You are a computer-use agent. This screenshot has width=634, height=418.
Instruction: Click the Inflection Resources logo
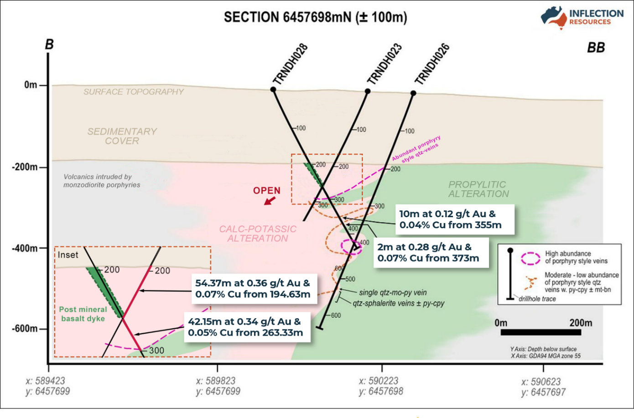[582, 17]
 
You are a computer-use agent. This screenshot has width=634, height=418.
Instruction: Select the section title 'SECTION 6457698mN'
[287, 17]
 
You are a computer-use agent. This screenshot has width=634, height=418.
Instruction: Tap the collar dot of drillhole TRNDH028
[273, 90]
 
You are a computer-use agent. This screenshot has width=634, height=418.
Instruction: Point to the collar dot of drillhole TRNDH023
[368, 91]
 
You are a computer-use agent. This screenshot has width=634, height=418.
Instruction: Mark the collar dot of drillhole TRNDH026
[413, 93]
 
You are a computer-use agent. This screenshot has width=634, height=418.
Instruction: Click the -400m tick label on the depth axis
[25, 248]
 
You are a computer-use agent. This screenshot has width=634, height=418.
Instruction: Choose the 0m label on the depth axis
[31, 85]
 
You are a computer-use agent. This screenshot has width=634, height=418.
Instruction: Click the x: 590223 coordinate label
[379, 381]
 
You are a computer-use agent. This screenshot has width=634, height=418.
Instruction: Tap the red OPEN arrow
[270, 201]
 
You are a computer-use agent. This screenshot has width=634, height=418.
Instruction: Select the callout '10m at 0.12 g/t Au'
[455, 219]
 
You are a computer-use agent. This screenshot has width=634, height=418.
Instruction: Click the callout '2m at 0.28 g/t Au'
[431, 252]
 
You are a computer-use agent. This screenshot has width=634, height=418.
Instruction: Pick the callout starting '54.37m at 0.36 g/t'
[254, 289]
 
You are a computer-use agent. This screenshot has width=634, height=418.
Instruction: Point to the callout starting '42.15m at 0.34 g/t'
[247, 327]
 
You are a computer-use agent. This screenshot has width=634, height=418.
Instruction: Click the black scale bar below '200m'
[540, 332]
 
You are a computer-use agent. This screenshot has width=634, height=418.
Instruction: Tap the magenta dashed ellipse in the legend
[531, 258]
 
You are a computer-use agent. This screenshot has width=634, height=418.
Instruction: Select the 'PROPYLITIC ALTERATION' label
[478, 189]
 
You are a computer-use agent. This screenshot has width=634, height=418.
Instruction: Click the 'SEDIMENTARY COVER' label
[122, 136]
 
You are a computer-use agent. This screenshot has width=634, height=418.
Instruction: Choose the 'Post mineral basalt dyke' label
[83, 314]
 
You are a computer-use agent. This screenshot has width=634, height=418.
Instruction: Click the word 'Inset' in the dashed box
[68, 255]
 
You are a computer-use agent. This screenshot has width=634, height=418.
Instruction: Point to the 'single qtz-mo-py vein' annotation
[393, 292]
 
